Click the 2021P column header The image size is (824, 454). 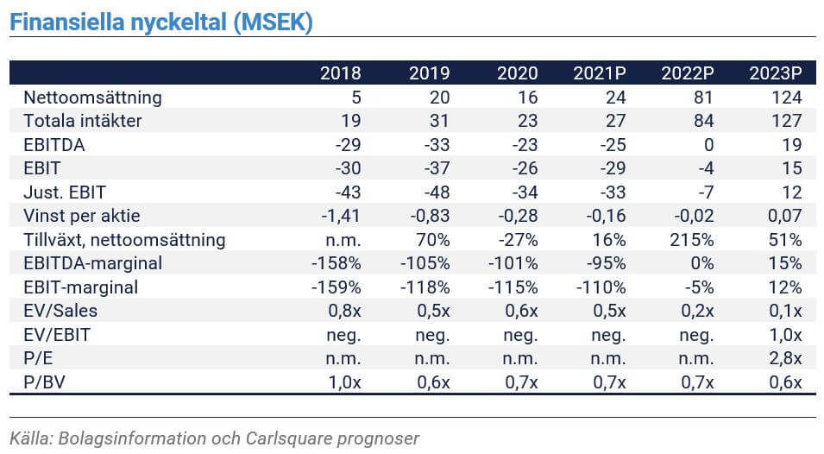[599, 73]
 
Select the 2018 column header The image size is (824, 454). [341, 73]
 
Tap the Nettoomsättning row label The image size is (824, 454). [92, 98]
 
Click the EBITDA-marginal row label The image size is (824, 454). [92, 262]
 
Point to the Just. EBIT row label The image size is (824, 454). [65, 192]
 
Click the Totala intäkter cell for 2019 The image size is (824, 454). [439, 121]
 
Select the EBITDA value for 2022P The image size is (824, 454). [708, 144]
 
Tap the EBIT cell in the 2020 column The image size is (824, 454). [525, 168]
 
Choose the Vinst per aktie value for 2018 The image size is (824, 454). [341, 216]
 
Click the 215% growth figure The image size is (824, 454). [692, 240]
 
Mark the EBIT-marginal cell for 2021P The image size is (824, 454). [601, 287]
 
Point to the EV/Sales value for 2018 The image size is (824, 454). [345, 311]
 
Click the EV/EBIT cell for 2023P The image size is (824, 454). [786, 335]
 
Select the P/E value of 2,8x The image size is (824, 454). [786, 358]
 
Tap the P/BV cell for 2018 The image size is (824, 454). [345, 382]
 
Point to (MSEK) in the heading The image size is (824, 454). [274, 22]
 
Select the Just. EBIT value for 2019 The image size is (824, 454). [437, 192]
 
